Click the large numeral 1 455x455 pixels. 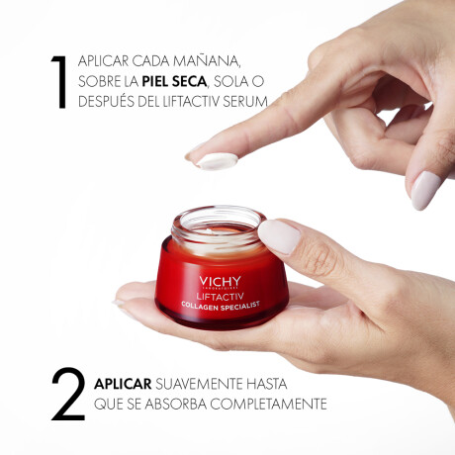coord(60,81)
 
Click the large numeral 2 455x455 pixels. coord(66,394)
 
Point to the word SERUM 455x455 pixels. coord(243,101)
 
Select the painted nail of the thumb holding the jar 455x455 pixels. coord(279,235)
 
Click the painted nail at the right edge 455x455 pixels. coord(427,189)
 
